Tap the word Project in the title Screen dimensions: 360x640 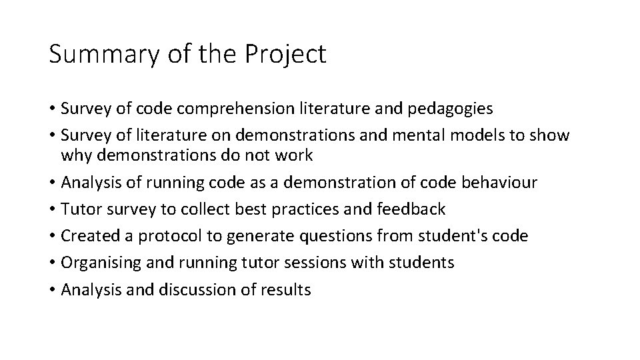(288, 55)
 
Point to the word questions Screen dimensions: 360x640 (313, 235)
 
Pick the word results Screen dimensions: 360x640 (289, 289)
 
